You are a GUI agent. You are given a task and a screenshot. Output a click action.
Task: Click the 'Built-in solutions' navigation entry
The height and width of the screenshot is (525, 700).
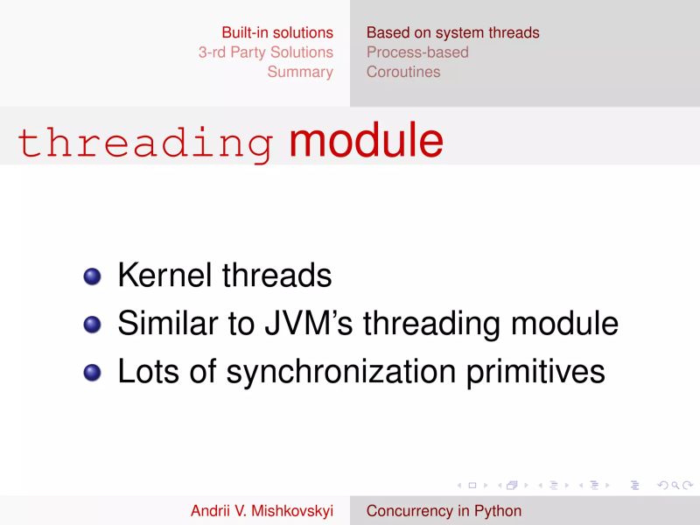(x=277, y=33)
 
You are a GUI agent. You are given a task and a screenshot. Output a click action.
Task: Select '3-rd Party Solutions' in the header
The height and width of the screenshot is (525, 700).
(x=266, y=52)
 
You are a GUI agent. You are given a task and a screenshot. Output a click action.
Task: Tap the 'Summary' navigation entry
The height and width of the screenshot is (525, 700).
(x=300, y=72)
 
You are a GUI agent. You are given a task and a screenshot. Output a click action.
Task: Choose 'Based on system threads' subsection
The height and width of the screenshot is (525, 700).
(x=452, y=33)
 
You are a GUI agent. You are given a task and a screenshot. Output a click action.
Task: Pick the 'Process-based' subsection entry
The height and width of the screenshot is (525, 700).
(x=417, y=52)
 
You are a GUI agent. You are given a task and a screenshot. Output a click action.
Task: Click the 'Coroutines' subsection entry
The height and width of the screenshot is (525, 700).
(x=403, y=72)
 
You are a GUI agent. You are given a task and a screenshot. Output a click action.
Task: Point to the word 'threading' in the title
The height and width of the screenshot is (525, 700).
(x=145, y=143)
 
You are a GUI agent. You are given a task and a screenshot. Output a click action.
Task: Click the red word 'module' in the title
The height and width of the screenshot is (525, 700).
(x=366, y=142)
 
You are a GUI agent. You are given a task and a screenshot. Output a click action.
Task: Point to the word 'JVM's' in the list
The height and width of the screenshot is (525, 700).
(x=307, y=325)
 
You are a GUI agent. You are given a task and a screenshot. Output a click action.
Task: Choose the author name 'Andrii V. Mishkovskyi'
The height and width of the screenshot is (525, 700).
(x=262, y=511)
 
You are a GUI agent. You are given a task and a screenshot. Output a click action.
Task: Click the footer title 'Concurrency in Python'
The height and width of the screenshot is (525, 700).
(x=444, y=511)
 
